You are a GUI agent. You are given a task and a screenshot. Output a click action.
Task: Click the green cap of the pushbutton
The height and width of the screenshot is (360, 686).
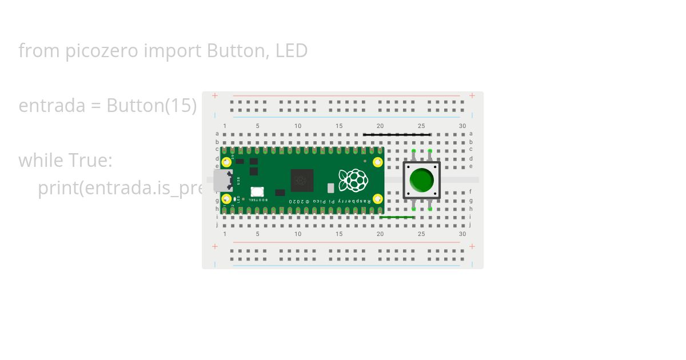[422, 180]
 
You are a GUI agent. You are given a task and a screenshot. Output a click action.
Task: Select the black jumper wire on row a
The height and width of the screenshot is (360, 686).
[397, 135]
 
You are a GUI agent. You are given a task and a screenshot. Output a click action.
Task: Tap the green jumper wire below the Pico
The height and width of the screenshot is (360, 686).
[397, 217]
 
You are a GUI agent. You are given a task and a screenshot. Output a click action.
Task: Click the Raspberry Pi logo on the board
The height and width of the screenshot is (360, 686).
[353, 180]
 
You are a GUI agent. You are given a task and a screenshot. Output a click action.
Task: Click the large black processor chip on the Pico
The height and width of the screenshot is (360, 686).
[302, 181]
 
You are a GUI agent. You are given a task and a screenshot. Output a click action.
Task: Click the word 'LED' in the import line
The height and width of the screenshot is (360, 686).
[292, 51]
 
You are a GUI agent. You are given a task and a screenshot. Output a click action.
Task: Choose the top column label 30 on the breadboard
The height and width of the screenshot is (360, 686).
[462, 126]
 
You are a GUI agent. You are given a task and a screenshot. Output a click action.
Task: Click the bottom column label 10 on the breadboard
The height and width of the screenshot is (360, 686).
[298, 234]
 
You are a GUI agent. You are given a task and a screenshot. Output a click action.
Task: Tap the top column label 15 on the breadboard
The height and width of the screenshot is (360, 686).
[339, 126]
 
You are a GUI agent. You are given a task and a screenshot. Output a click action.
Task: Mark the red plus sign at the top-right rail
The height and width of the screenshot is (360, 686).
[472, 95]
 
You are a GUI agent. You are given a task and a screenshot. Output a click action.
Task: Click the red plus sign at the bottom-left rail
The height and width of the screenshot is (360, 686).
[215, 246]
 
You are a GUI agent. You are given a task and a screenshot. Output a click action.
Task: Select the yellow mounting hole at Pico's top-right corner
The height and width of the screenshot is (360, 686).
[377, 162]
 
